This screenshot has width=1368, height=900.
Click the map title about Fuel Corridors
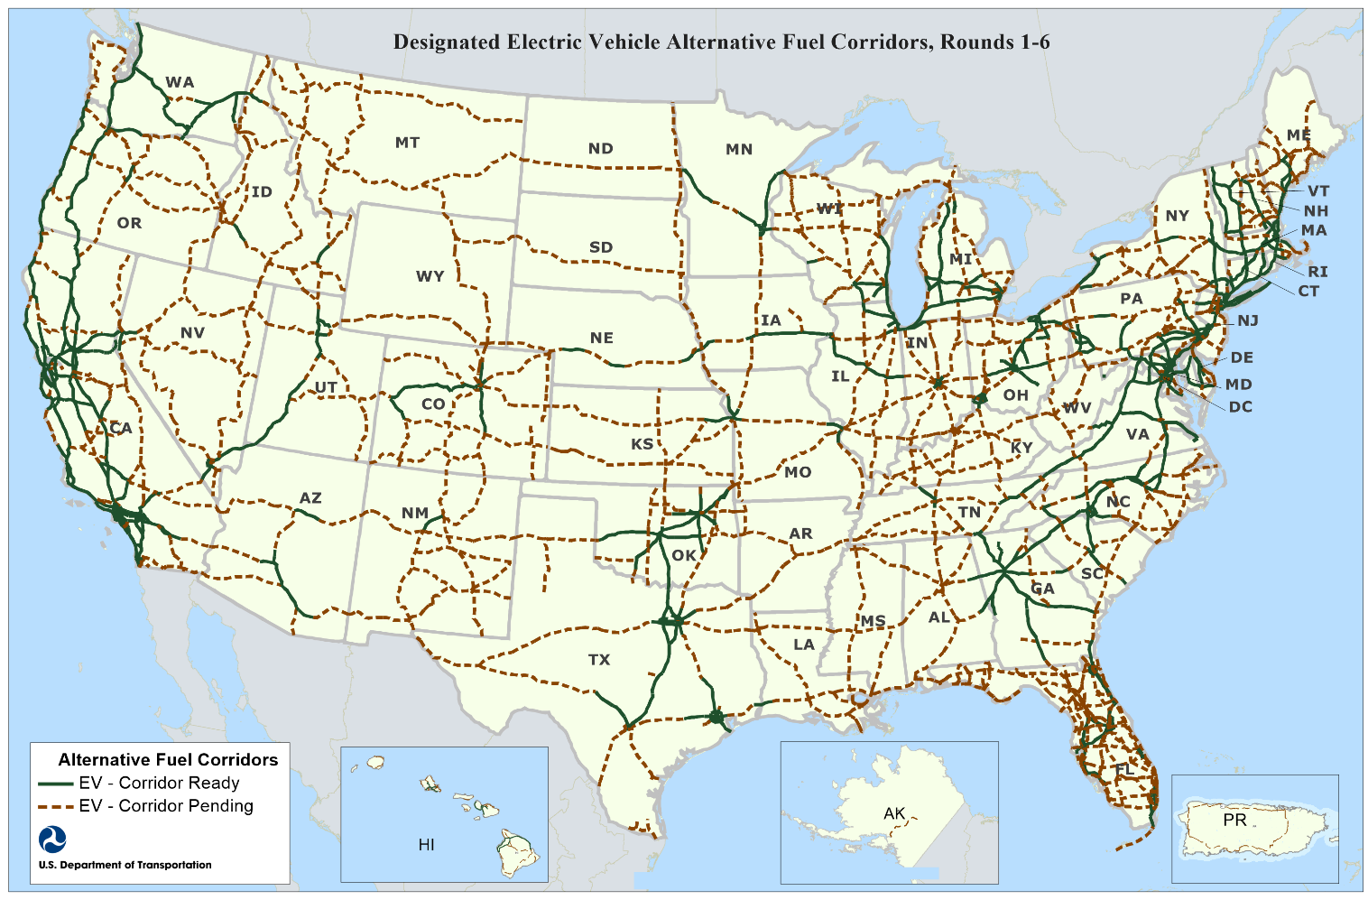pos(721,42)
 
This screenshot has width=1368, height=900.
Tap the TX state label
pos(599,660)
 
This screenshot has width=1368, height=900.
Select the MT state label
pos(407,143)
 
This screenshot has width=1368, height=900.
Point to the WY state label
pos(430,276)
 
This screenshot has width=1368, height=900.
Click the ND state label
pos(600,149)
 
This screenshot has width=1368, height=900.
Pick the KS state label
pos(642,444)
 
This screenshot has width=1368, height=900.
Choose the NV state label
pos(192,333)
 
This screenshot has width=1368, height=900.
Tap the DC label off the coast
pos(1240,407)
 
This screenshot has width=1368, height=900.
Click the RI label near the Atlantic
pos(1317,272)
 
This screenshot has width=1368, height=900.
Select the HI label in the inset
pos(426,845)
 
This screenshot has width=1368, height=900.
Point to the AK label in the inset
pos(893,814)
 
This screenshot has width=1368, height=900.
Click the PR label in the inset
pos(1234,821)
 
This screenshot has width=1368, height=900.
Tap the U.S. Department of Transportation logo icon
pos(52,840)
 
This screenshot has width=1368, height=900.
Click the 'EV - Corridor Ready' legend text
pos(159,784)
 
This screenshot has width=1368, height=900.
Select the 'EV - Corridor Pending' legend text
pos(166,806)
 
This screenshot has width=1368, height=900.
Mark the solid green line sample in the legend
pos(55,784)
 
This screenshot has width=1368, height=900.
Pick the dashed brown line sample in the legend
pos(55,806)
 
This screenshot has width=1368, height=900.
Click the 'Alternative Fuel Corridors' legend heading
pos(168,760)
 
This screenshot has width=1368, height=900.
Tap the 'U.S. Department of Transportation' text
pos(125,865)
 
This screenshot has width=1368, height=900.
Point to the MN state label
pos(738,150)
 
